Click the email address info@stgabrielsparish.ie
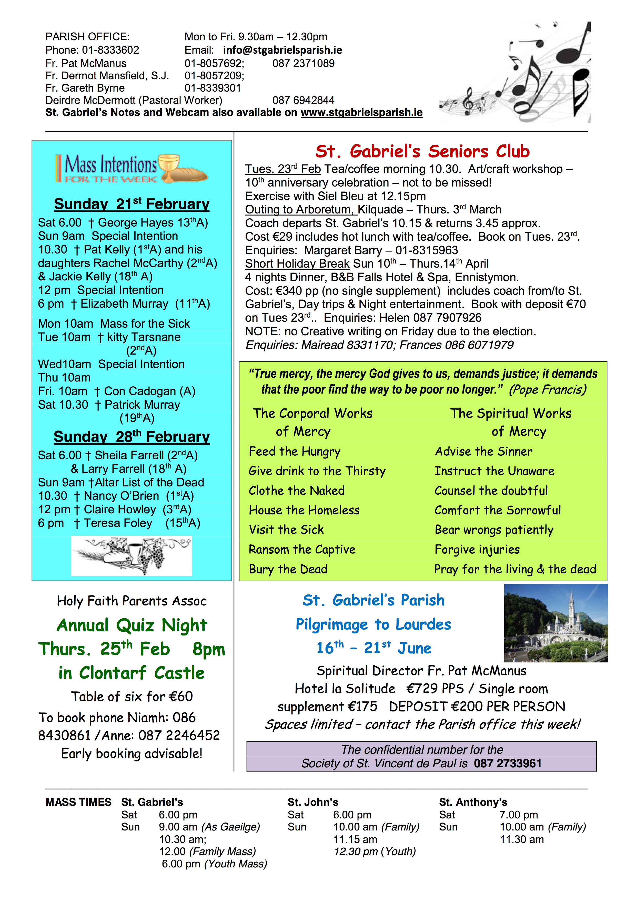pyautogui.click(x=282, y=50)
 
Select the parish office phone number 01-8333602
pyautogui.click(x=110, y=50)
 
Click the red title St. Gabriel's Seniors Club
pyautogui.click(x=422, y=151)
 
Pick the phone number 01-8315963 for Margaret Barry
pyautogui.click(x=427, y=250)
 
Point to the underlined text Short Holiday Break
pyautogui.click(x=297, y=264)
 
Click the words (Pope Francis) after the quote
pyautogui.click(x=548, y=390)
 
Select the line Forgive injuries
pyautogui.click(x=477, y=550)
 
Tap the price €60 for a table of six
pyautogui.click(x=181, y=697)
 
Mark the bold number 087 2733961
pyautogui.click(x=508, y=763)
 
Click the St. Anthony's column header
pyautogui.click(x=473, y=802)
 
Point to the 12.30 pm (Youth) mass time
pyautogui.click(x=374, y=852)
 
